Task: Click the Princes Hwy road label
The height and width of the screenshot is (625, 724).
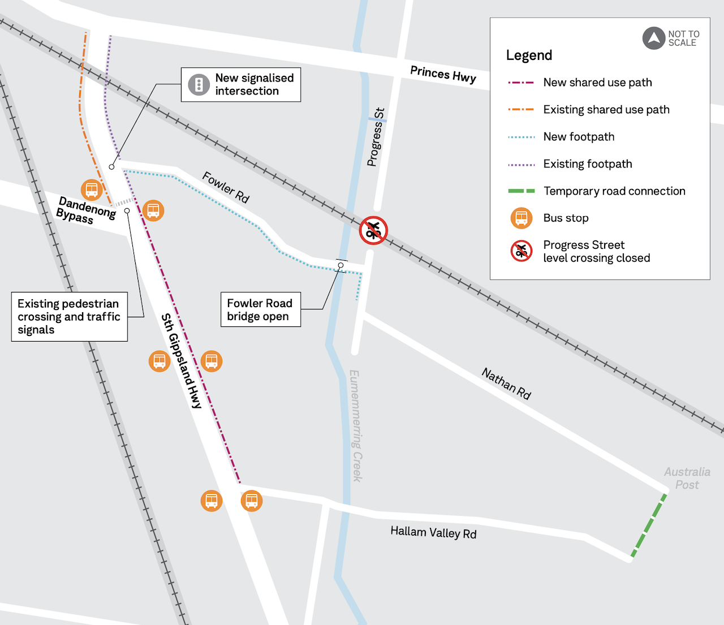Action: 443,74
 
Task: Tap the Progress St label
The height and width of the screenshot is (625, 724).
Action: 376,137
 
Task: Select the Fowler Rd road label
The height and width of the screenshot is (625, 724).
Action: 226,187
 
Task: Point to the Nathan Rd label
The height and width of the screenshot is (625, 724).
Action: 506,383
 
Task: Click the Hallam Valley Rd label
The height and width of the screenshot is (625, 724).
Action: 433,532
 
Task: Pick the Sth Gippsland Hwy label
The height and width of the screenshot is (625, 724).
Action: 181,361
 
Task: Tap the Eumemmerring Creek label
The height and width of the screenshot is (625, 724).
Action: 356,425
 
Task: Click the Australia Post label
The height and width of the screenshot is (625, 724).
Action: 687,478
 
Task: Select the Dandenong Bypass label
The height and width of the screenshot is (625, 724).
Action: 86,210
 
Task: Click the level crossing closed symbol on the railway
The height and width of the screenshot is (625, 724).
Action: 373,231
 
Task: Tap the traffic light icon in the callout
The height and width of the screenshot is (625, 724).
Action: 199,85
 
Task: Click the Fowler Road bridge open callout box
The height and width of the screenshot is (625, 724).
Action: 260,309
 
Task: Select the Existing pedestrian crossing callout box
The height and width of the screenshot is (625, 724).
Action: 69,317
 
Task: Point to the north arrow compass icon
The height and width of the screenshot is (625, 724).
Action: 653,38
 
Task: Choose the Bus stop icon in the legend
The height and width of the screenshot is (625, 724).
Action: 522,218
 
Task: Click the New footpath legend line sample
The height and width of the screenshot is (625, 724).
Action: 522,137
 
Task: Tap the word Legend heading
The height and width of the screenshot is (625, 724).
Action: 529,55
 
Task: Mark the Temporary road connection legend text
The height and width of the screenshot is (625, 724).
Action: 614,191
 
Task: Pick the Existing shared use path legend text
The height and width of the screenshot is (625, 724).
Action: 606,110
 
